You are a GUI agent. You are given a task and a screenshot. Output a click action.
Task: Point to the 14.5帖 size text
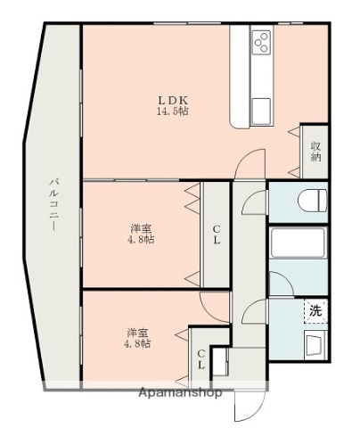click(x=174, y=111)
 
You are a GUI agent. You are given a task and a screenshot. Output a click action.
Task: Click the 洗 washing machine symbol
click(x=315, y=311)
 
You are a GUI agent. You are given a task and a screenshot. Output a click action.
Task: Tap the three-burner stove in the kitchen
click(x=262, y=41)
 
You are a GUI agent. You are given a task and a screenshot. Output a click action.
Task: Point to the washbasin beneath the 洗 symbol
click(x=315, y=344)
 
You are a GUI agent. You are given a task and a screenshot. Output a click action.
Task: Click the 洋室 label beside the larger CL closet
click(x=140, y=228)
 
